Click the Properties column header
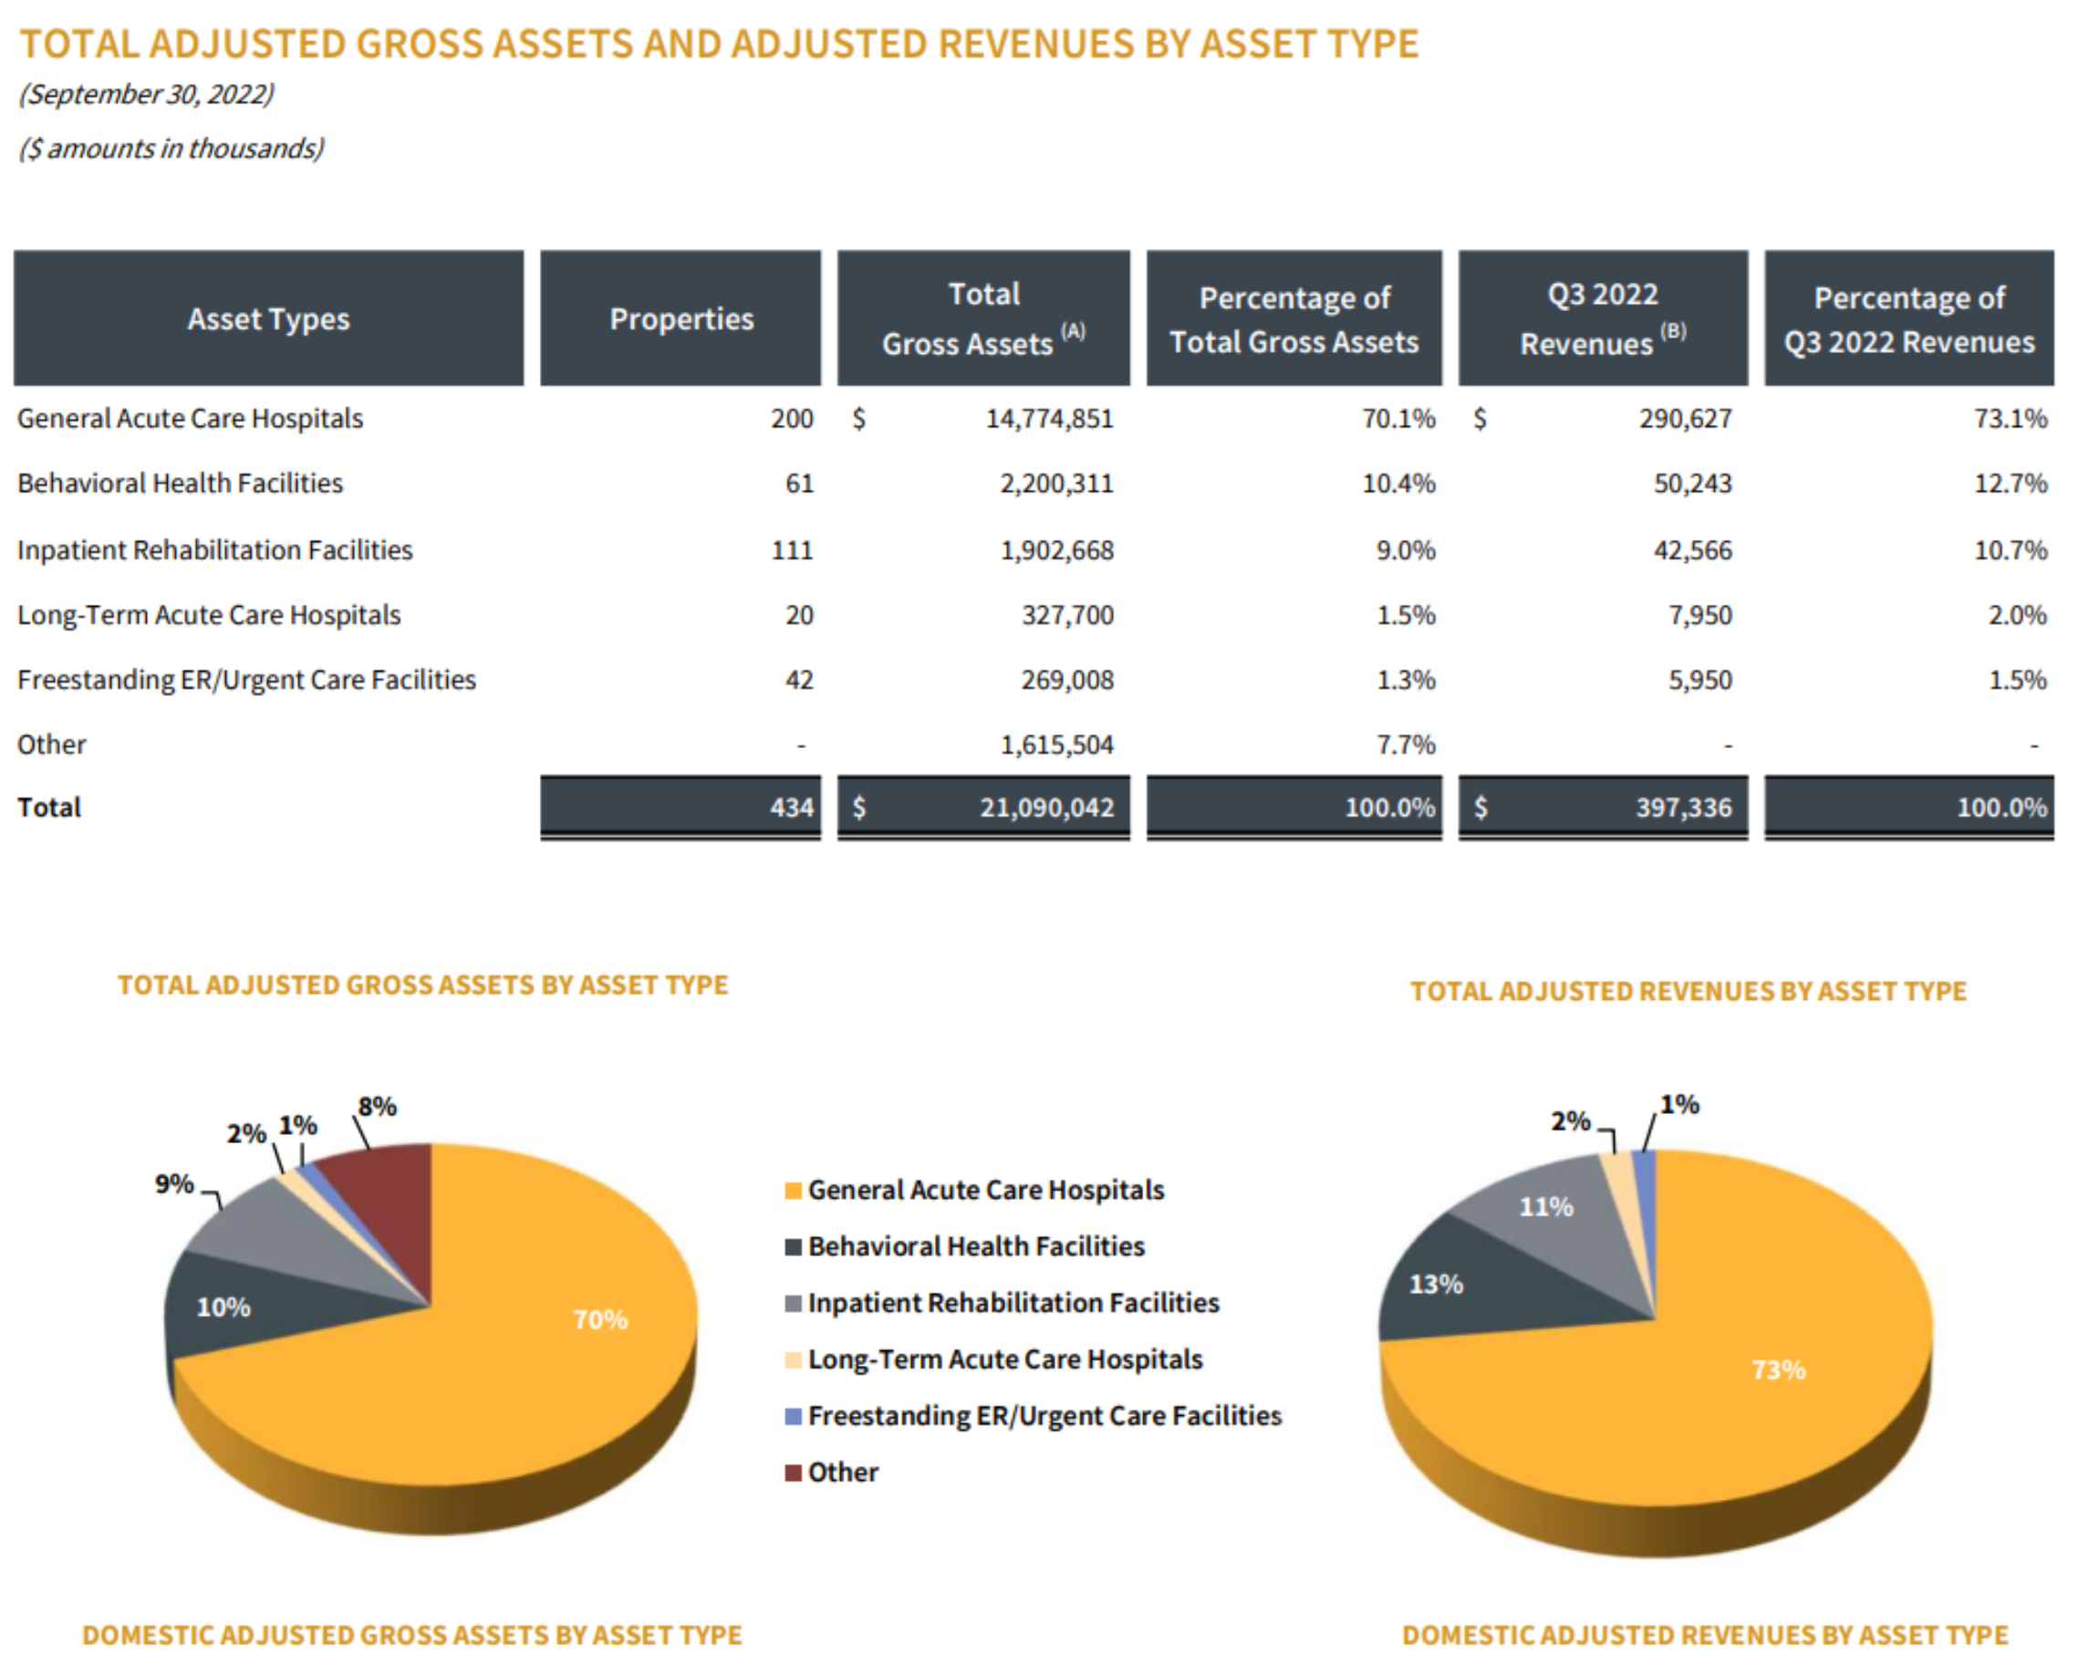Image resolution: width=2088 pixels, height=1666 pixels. click(x=680, y=318)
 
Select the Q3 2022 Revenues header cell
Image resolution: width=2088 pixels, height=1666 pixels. click(x=1603, y=318)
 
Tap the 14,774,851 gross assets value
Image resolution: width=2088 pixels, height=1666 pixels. click(x=1049, y=419)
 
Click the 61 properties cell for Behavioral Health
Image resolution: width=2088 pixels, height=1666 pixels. click(x=799, y=484)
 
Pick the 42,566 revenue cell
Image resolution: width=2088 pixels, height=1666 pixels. click(x=1692, y=550)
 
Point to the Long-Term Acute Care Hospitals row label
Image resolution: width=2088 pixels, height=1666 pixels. click(x=209, y=615)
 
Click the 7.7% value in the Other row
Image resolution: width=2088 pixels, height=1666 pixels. click(x=1406, y=744)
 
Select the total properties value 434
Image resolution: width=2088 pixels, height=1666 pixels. click(x=791, y=807)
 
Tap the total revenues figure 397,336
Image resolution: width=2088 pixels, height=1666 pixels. click(x=1683, y=807)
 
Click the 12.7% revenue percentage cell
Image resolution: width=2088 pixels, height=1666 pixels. click(x=2010, y=484)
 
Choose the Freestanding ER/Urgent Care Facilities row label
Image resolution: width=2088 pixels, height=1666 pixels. click(x=247, y=680)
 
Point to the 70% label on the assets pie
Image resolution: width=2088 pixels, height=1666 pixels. click(x=600, y=1319)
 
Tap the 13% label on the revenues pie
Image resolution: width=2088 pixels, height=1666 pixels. click(x=1435, y=1285)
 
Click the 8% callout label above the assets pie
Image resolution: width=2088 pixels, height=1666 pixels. click(x=377, y=1106)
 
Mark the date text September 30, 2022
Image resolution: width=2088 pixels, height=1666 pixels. click(x=146, y=94)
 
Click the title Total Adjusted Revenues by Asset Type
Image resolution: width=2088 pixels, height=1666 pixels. click(x=1687, y=991)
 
